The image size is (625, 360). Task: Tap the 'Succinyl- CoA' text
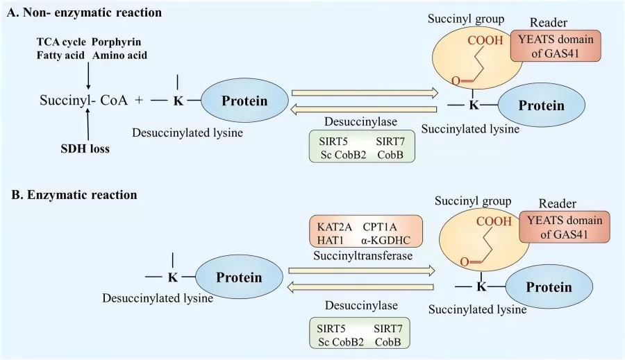(x=83, y=101)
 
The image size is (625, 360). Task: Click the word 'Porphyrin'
(x=117, y=43)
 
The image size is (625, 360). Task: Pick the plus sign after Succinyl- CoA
(x=139, y=101)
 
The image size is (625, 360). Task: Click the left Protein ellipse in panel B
(x=238, y=277)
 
